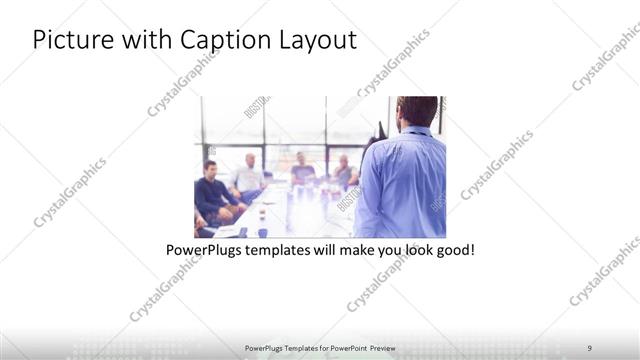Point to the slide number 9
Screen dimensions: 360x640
[x=589, y=347]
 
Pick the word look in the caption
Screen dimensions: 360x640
[x=407, y=249]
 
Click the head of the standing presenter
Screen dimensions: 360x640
[x=416, y=110]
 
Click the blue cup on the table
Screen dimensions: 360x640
[x=262, y=232]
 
